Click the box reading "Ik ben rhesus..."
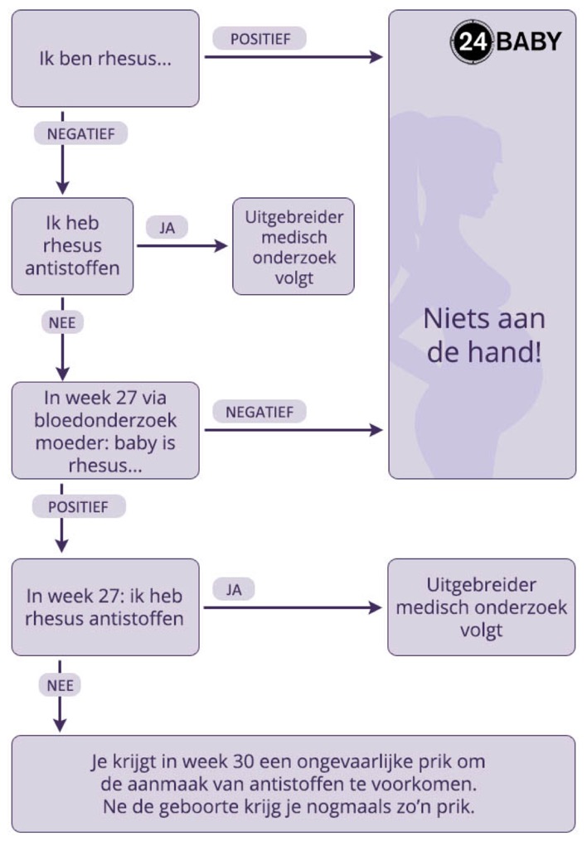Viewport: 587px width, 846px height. click(105, 59)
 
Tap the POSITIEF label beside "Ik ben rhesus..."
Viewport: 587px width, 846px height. click(260, 38)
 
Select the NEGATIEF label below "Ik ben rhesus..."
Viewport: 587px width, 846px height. click(80, 133)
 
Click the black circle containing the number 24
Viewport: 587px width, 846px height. click(472, 41)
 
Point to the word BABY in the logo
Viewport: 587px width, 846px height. click(529, 41)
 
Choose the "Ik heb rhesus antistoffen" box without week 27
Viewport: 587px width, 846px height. click(72, 246)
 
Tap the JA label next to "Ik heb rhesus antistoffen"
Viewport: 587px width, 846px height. click(167, 227)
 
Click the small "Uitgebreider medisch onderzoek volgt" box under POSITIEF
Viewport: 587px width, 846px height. click(293, 246)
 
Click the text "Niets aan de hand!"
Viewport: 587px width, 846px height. click(484, 336)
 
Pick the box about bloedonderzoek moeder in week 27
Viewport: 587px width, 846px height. click(105, 431)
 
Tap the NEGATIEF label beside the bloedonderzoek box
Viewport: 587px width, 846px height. click(260, 411)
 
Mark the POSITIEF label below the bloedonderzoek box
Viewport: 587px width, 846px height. click(79, 506)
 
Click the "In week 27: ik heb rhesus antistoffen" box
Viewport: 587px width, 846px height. click(105, 607)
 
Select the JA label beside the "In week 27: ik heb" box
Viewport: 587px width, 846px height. click(233, 588)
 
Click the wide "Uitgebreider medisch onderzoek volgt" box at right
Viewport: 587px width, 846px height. click(481, 607)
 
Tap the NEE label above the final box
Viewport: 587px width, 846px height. click(60, 684)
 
